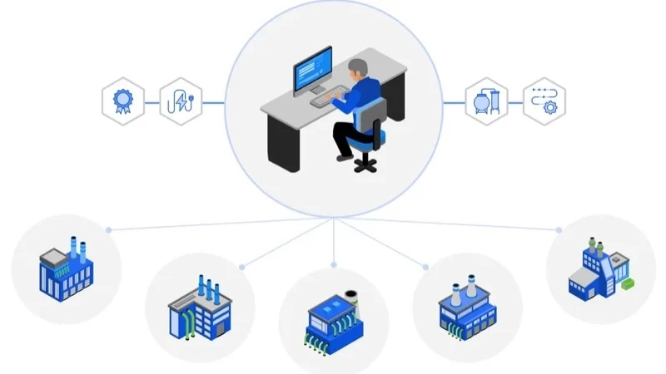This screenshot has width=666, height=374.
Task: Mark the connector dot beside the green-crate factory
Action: pos(559,229)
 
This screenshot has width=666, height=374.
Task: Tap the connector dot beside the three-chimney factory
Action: pos(242,267)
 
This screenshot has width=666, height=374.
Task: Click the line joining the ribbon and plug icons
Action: pos(152,103)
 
